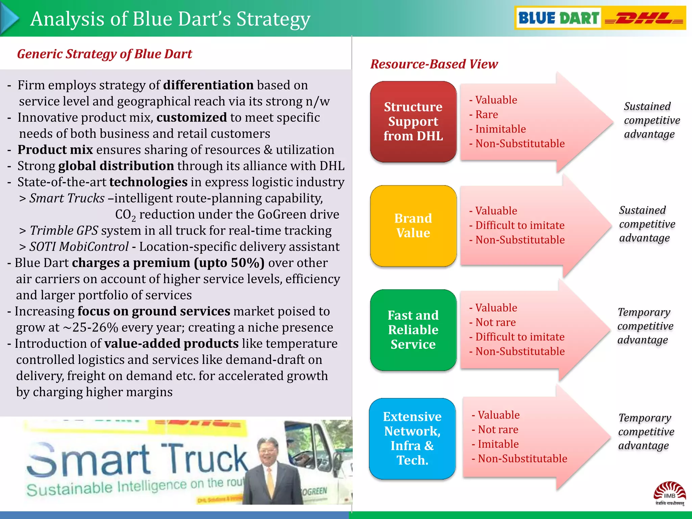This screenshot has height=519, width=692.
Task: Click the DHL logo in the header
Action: (x=644, y=18)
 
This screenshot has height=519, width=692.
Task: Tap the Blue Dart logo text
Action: (x=558, y=18)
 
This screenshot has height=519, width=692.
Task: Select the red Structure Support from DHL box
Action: (x=413, y=122)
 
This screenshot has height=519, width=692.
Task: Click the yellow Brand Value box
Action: (x=413, y=226)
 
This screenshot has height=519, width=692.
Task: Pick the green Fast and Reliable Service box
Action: (x=413, y=330)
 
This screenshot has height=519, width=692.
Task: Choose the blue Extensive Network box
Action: (x=412, y=438)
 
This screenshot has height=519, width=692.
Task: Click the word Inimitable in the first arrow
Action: (x=500, y=129)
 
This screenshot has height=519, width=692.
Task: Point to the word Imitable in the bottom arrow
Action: (x=498, y=444)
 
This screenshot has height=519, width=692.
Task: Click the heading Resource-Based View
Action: (x=434, y=64)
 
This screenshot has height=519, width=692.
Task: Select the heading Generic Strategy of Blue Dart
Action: (x=104, y=54)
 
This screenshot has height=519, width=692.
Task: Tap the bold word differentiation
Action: (x=208, y=85)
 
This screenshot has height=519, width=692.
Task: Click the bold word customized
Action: (x=192, y=118)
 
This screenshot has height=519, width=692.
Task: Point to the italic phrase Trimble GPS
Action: (x=64, y=230)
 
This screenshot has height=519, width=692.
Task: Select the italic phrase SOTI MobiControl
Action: (x=79, y=247)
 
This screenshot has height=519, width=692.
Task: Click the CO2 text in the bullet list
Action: (x=125, y=215)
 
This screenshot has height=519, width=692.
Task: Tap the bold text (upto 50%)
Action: (x=229, y=263)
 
